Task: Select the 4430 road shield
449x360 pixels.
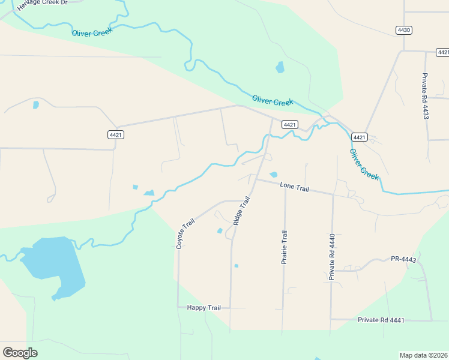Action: click(x=404, y=30)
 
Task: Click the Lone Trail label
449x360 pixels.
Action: click(x=294, y=188)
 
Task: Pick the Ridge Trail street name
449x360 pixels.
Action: click(x=241, y=211)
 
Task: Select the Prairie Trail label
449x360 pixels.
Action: click(x=285, y=247)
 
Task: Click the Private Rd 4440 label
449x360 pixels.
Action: click(x=331, y=257)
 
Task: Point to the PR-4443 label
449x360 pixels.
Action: click(x=403, y=259)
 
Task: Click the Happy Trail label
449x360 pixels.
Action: click(x=204, y=308)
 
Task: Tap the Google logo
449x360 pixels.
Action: click(x=20, y=353)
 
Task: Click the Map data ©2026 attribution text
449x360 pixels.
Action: click(x=423, y=355)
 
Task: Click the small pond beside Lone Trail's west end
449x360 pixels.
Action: click(x=274, y=175)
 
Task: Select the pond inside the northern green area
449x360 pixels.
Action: click(x=280, y=67)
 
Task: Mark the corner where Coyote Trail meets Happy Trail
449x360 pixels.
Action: click(x=178, y=307)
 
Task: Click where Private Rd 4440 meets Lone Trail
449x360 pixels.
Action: click(x=333, y=194)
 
